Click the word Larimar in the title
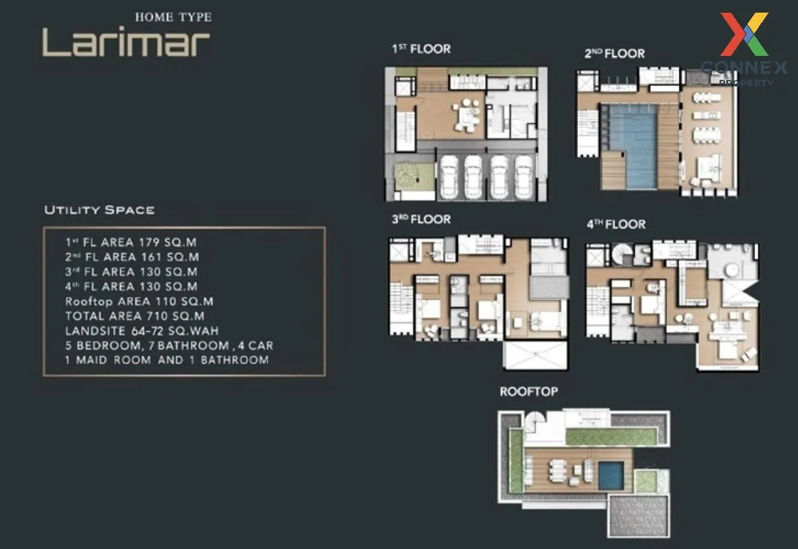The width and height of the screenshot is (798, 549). point(126,42)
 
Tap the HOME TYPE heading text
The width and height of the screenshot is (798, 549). point(173,17)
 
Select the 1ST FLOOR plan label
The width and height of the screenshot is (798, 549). point(421,49)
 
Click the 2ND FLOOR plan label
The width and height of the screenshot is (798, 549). point(614,53)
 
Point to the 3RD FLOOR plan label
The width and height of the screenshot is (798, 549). point(421,219)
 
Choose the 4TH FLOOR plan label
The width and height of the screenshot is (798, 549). point(616,224)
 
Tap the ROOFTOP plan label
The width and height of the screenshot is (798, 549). point(529,391)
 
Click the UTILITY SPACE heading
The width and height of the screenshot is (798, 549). point(99,210)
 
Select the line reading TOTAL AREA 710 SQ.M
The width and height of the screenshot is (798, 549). point(135,316)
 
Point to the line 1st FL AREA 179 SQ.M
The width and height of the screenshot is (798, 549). point(131,242)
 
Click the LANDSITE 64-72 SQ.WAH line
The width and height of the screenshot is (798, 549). point(142,331)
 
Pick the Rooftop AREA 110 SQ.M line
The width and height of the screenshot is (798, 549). point(139,301)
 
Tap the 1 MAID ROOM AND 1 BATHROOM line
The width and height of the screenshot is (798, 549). point(167,360)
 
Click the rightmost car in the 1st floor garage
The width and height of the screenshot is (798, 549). point(523,176)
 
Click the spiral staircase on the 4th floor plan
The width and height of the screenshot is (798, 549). point(624,254)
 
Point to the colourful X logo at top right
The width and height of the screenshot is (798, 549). point(745,34)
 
